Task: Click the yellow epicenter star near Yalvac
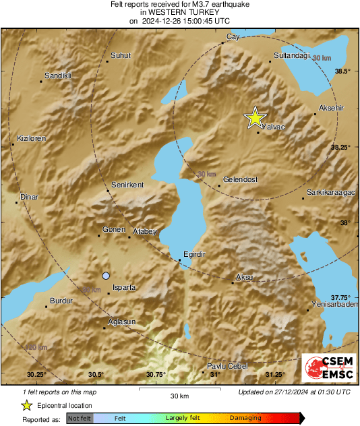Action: (x=255, y=118)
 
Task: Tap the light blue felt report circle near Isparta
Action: (x=105, y=276)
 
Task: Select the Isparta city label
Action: (x=125, y=287)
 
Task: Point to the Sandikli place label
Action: (x=58, y=75)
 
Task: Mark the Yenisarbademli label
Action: (x=334, y=304)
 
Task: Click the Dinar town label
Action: (x=30, y=197)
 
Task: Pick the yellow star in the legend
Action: (x=26, y=405)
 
